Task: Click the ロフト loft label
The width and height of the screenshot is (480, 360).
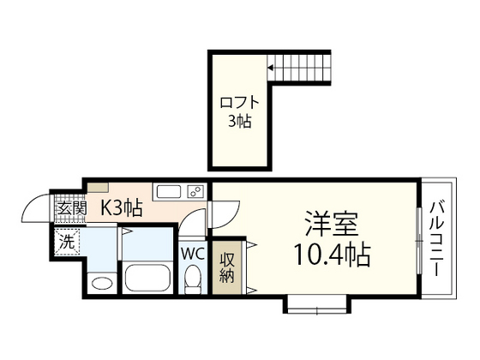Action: [240, 102]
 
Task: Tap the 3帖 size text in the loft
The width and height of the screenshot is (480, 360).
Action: [240, 122]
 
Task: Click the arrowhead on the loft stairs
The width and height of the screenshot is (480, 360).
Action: [269, 65]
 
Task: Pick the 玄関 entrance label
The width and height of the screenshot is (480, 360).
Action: [70, 208]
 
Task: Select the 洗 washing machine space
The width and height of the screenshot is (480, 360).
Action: [65, 243]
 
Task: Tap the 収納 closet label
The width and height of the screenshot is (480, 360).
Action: [227, 268]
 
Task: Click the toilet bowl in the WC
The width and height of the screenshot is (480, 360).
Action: [193, 279]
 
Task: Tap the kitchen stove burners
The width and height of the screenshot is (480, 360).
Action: [196, 191]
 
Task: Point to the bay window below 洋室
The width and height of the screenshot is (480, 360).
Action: [316, 302]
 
